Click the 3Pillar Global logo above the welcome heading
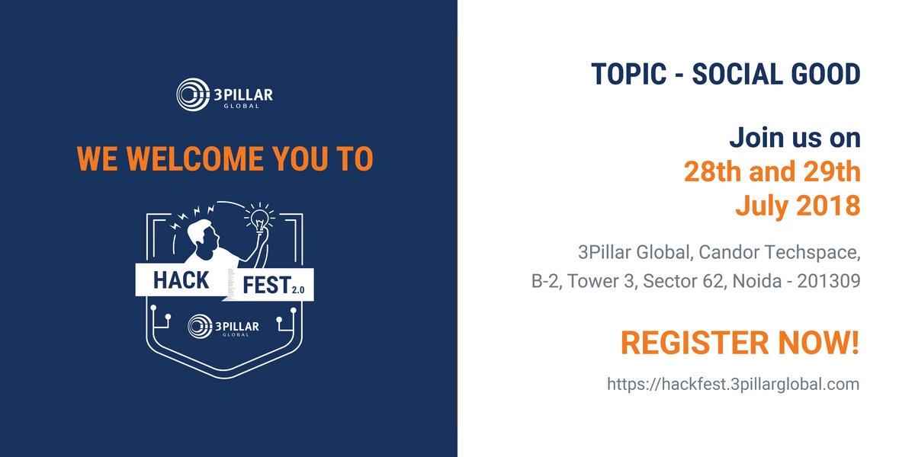224,94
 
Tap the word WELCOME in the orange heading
195,158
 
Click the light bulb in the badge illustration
259,219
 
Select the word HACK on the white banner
181,280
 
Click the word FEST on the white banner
267,285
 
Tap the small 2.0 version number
298,289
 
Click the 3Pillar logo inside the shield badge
223,326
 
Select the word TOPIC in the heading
628,75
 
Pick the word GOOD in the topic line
826,75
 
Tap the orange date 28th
712,171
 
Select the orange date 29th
832,171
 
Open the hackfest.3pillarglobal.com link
734,385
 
